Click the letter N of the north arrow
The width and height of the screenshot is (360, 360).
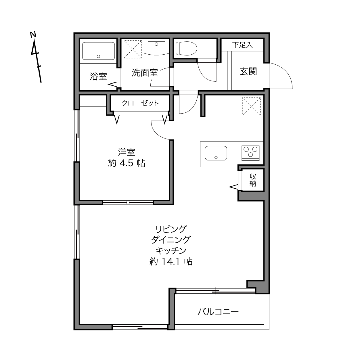pyautogui.click(x=33, y=35)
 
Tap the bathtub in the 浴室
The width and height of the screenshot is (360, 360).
pyautogui.click(x=98, y=51)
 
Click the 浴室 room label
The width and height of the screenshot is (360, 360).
pyautogui.click(x=98, y=76)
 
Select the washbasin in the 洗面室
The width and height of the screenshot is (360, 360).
pyautogui.click(x=156, y=47)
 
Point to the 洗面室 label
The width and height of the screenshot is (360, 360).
pyautogui.click(x=145, y=73)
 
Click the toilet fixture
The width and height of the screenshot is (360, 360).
pyautogui.click(x=186, y=48)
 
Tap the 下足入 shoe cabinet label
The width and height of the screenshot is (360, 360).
pyautogui.click(x=242, y=45)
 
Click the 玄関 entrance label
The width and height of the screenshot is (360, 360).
pyautogui.click(x=248, y=71)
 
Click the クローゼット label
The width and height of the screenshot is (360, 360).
pyautogui.click(x=140, y=103)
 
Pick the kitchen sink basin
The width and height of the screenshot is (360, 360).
pyautogui.click(x=216, y=153)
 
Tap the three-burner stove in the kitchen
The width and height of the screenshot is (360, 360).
pyautogui.click(x=250, y=153)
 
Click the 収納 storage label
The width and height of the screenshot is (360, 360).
pyautogui.click(x=253, y=180)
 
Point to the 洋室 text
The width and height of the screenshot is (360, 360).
pyautogui.click(x=127, y=152)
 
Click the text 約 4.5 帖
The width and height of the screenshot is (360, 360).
pyautogui.click(x=127, y=163)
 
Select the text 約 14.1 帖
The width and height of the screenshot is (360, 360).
pyautogui.click(x=171, y=262)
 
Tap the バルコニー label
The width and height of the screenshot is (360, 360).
pyautogui.click(x=218, y=312)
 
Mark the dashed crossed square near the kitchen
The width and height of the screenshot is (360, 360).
pyautogui.click(x=252, y=106)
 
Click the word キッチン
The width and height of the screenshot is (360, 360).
pyautogui.click(x=171, y=250)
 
